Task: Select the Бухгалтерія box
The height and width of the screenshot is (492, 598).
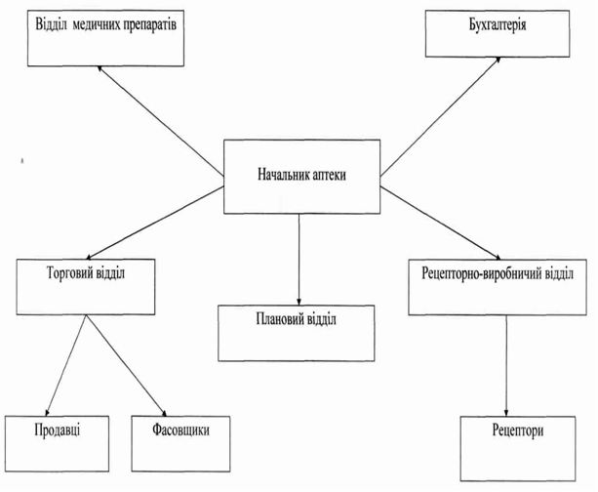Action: point(498,33)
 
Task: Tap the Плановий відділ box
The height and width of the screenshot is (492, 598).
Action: point(297,331)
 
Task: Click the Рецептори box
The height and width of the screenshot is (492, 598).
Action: point(516,442)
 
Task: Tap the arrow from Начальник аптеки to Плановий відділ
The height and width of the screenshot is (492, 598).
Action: point(298,259)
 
